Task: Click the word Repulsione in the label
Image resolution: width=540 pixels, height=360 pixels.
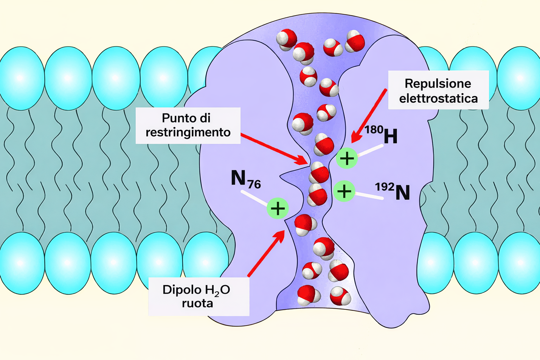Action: click(438, 84)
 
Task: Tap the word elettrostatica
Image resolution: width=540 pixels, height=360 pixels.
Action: click(438, 98)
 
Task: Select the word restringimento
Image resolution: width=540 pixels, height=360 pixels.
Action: click(188, 133)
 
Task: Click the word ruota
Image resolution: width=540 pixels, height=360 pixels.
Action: click(197, 303)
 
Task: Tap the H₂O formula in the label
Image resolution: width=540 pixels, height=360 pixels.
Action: click(217, 290)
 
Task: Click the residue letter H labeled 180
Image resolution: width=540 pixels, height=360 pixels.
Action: click(391, 136)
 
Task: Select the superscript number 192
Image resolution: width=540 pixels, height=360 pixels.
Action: click(384, 186)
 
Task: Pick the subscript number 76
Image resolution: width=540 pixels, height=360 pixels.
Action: click(254, 184)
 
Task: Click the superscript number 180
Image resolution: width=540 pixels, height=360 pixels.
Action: click(373, 130)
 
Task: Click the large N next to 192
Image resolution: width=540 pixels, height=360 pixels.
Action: click(403, 193)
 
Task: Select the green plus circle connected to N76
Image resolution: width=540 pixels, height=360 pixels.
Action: click(278, 208)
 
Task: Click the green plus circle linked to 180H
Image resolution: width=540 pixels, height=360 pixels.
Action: click(347, 158)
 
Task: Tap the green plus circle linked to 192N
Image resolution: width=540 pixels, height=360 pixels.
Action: click(344, 191)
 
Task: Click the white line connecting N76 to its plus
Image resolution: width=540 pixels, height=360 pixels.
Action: click(254, 198)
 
